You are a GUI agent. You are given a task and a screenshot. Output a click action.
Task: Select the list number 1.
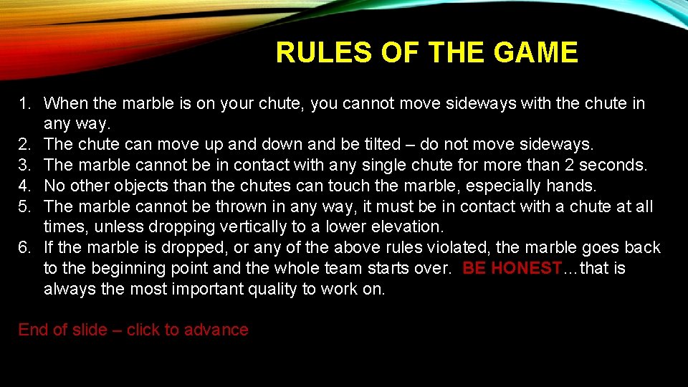[24, 103]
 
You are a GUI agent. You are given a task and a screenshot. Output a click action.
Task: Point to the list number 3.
[24, 165]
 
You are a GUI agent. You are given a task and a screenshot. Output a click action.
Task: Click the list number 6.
[24, 248]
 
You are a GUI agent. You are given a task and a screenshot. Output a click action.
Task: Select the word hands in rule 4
[571, 186]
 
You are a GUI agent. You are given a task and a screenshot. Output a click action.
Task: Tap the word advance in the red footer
[216, 330]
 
